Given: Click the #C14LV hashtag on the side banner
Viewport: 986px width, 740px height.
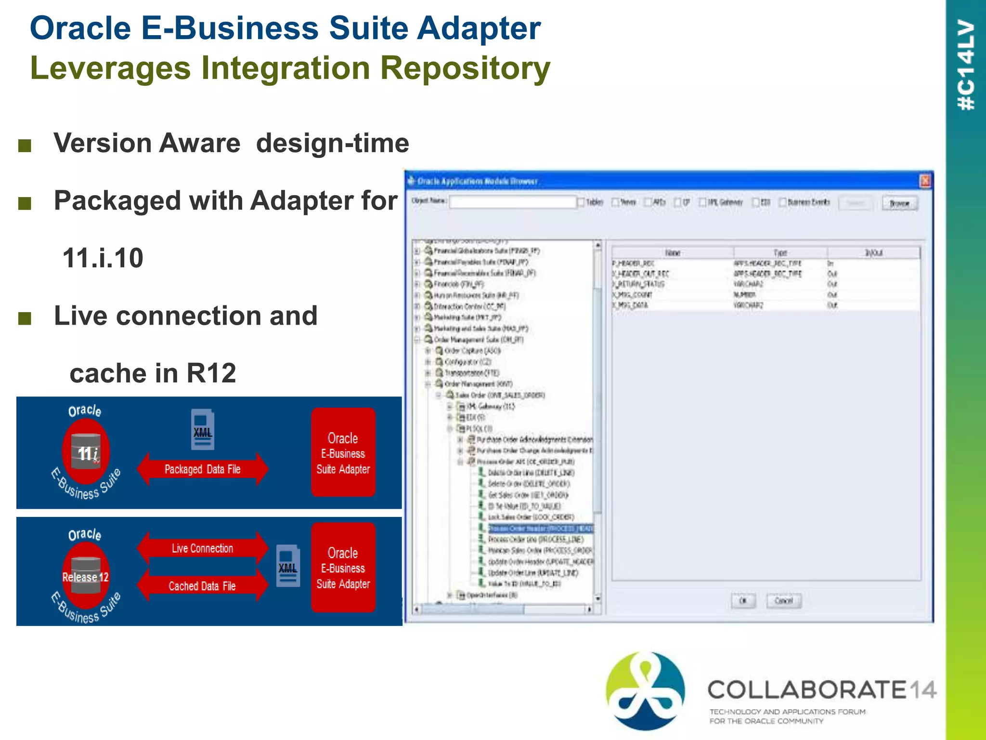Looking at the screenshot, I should pos(966,65).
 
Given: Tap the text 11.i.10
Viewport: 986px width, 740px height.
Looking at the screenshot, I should pos(103,258).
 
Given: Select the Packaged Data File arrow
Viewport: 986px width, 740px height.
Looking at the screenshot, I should pos(202,469).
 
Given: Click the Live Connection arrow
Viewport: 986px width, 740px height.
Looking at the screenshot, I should pos(202,548).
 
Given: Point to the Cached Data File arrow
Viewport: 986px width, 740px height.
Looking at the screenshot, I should pos(202,586).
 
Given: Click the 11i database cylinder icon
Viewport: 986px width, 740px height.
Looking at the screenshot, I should pos(86,451).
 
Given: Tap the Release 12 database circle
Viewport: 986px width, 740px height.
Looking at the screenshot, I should pos(86,576).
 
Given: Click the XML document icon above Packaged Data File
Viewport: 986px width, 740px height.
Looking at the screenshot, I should pos(203,429).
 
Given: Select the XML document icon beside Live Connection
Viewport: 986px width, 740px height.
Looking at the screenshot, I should pos(288,566).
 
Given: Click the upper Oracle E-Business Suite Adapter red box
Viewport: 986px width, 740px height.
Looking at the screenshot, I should pos(343,452).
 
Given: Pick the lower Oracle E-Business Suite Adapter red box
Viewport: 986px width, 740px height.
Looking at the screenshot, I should pos(343,568).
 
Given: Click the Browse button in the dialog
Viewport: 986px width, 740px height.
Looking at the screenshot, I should pos(899,203).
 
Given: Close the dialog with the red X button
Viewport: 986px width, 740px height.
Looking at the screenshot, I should pos(925,181).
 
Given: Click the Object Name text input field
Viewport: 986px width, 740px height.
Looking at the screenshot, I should pos(512,202).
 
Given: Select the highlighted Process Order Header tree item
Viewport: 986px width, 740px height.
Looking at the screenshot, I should pos(540,529).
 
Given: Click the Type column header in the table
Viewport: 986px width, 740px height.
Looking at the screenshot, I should pos(780,253).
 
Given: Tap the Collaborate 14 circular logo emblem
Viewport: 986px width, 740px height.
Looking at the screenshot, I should pos(645,690).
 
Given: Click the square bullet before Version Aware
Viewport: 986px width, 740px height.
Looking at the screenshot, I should pos(25,145).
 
